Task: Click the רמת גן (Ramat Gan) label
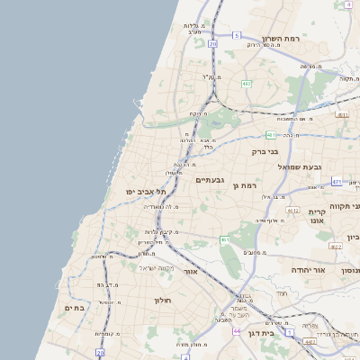(245, 185)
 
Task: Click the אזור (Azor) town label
(190, 271)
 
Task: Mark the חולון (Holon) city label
(162, 300)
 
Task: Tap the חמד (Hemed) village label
(282, 293)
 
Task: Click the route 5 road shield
(236, 35)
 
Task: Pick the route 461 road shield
(224, 239)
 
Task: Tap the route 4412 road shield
(292, 211)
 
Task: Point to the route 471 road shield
(336, 182)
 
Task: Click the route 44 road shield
(237, 331)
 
